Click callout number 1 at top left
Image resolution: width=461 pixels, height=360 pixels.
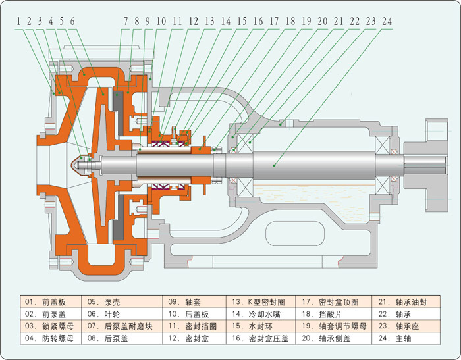[x=18, y=22]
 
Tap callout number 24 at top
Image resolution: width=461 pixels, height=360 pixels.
[x=387, y=22]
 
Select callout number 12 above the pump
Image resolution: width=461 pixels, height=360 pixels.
[x=194, y=22]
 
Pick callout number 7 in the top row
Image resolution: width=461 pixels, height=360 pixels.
[x=126, y=22]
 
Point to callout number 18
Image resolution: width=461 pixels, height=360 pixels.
[x=290, y=22]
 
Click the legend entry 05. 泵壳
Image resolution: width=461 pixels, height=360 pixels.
[x=103, y=302]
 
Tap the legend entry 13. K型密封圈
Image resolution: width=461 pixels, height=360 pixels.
[x=258, y=302]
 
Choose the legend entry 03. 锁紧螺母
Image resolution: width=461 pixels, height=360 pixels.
[x=49, y=326]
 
